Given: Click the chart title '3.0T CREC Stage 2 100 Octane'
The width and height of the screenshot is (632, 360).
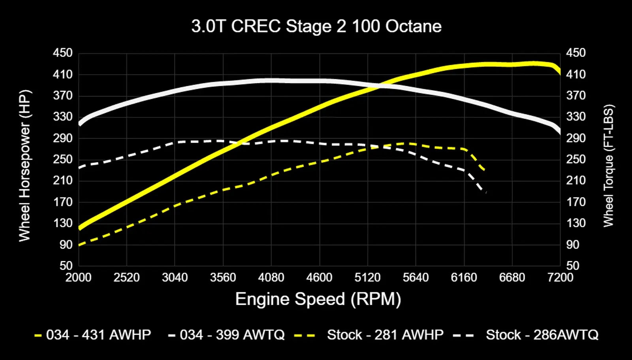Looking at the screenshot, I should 316,26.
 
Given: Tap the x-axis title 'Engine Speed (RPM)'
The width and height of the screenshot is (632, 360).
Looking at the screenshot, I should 318,299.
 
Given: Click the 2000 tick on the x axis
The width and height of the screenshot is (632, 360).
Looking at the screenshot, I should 78,277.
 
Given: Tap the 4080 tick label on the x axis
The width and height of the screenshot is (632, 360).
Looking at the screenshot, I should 271,277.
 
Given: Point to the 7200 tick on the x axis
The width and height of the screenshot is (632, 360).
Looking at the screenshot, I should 560,277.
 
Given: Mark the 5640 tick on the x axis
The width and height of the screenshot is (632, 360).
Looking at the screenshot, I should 416,277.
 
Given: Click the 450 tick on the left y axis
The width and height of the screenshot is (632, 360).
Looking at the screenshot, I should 63,53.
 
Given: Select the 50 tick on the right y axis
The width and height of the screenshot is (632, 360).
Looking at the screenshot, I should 572,266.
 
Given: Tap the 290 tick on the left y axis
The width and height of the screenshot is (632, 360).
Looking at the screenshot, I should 63,138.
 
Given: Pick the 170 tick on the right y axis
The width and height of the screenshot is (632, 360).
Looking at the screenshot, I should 576,202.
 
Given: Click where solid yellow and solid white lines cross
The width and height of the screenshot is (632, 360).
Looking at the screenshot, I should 380,86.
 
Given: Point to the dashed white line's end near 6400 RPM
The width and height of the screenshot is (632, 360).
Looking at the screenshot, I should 485,192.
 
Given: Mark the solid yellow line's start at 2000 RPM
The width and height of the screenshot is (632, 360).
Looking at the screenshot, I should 80,227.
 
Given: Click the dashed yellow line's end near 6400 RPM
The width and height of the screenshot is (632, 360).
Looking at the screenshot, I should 484,170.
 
